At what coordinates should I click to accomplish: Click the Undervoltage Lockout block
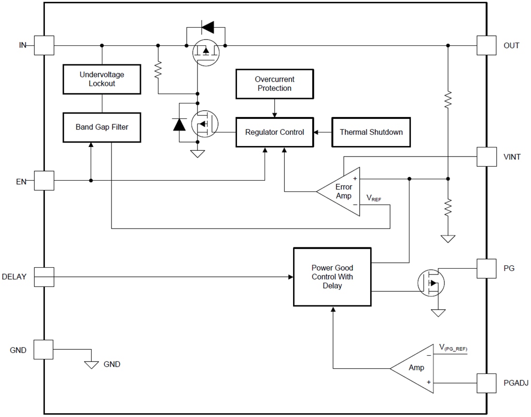102,79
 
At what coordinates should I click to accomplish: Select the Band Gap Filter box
102,128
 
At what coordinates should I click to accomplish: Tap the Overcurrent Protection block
274,84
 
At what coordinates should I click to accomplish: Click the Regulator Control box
274,132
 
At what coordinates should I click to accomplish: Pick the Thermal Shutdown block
371,132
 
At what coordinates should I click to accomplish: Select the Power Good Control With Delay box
332,277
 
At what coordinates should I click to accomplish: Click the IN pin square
43,45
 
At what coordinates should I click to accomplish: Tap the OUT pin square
486,45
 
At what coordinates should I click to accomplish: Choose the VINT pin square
486,157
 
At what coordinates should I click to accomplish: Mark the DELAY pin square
43,277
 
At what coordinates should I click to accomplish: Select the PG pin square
486,268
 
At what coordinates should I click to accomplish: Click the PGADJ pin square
486,383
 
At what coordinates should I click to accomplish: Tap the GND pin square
43,349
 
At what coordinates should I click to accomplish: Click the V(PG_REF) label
453,347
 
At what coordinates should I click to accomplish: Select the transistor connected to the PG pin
431,283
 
